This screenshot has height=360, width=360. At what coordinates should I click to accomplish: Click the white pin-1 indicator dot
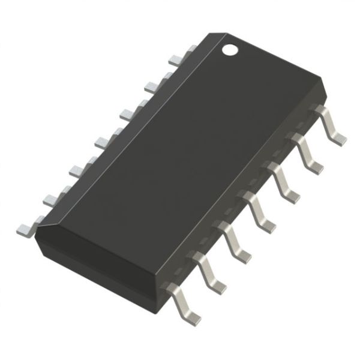tap(230, 48)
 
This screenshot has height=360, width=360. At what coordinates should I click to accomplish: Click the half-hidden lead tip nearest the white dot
tap(175, 59)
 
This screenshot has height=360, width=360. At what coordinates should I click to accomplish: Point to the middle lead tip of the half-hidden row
tap(103, 141)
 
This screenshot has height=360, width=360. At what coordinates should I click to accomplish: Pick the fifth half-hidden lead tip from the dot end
tap(77, 170)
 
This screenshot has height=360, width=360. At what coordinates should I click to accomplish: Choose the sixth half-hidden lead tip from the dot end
tap(51, 199)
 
